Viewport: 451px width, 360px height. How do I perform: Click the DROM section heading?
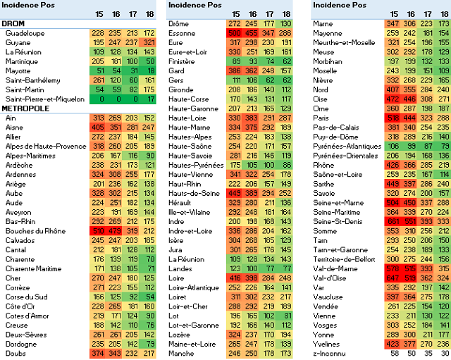coord(14,23)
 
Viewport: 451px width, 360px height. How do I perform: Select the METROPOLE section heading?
coord(25,108)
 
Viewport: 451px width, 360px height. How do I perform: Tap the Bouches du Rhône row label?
coord(35,231)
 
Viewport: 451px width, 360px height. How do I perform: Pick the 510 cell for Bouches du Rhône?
coord(98,231)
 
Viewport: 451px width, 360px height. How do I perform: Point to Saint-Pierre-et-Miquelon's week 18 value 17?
coord(148,99)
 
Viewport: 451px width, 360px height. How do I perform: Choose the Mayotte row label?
coord(18,70)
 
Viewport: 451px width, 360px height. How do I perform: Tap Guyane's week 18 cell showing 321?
coord(148,42)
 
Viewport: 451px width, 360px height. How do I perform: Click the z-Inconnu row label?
coord(330,353)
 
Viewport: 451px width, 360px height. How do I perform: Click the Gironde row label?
coord(181,89)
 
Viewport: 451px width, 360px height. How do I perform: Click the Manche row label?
coord(181,353)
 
